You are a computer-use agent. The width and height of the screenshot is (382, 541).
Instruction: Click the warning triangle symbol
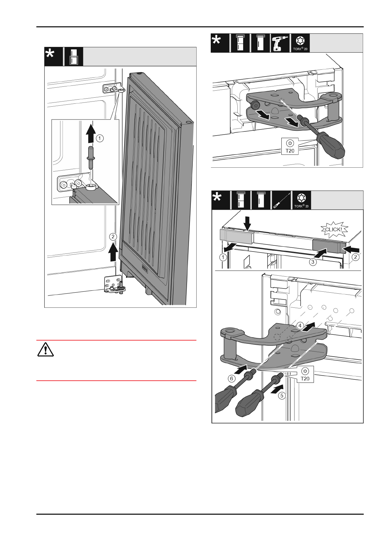point(45,350)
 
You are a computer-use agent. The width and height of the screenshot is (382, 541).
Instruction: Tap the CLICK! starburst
point(334,229)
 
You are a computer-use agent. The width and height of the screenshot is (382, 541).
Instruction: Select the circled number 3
point(313,262)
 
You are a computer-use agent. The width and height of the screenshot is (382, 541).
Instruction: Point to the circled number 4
point(300,325)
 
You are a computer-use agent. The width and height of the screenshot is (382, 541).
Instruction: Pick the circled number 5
point(281,395)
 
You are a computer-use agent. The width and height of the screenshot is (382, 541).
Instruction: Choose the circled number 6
point(232,378)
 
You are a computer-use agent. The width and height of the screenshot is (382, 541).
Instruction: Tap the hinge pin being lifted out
point(90,158)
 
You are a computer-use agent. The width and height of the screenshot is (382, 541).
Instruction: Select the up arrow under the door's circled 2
point(113,252)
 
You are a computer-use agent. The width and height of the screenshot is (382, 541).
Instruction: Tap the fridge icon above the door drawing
point(73,57)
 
